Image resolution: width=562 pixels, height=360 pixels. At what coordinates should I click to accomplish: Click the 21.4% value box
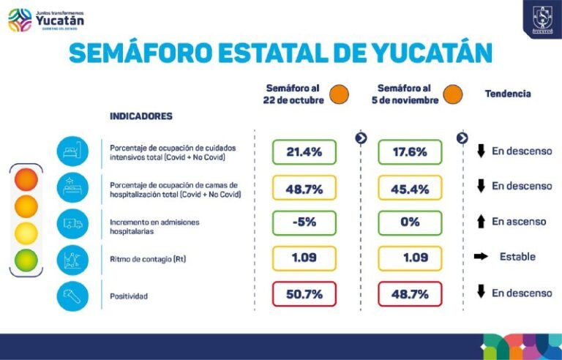(x=304, y=152)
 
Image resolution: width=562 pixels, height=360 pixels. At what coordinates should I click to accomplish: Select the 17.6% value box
(x=410, y=152)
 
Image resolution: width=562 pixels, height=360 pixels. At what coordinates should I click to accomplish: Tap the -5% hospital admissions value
(x=304, y=222)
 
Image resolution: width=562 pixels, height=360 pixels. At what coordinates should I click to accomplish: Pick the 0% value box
(x=410, y=222)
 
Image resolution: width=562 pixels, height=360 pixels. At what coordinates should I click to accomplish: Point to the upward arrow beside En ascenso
(x=481, y=222)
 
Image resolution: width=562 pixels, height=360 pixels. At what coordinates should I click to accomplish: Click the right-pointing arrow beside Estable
(x=481, y=257)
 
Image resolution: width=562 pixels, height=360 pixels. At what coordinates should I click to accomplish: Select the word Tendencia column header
(x=507, y=94)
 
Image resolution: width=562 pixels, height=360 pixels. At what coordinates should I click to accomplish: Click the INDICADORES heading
(x=140, y=116)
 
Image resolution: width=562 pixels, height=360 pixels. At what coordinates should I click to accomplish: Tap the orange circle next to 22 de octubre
(x=339, y=94)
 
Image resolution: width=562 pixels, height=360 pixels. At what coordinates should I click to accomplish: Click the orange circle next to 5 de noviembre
(x=452, y=94)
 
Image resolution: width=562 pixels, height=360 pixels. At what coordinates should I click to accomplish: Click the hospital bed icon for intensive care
(x=72, y=151)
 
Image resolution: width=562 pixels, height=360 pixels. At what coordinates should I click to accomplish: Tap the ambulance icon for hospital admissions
(x=72, y=222)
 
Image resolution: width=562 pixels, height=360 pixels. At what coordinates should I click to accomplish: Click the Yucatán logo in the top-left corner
(x=45, y=20)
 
